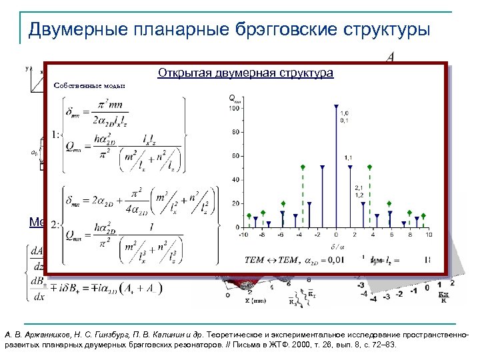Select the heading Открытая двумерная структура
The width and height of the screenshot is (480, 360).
pyautogui.click(x=245, y=73)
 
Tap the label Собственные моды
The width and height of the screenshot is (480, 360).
pyautogui.click(x=89, y=86)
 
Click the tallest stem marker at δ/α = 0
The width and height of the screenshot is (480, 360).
pyautogui.click(x=336, y=107)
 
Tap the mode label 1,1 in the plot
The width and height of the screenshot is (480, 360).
pyautogui.click(x=348, y=157)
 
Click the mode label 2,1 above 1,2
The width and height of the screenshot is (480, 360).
pyautogui.click(x=359, y=187)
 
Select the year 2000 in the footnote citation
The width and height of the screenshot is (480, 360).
pyautogui.click(x=407, y=333)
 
